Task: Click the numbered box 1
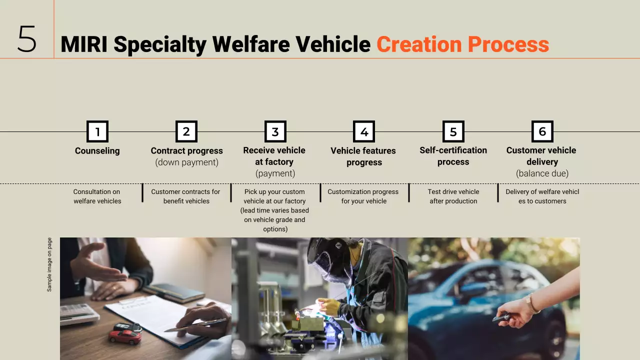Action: (x=97, y=131)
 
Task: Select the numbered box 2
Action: (x=186, y=131)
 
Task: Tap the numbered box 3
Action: (x=275, y=131)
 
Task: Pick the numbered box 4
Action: (x=364, y=131)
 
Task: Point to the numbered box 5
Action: (x=453, y=131)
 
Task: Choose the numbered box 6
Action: (x=542, y=131)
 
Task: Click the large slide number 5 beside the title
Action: (x=27, y=39)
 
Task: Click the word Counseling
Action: (x=97, y=150)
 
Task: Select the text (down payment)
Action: (x=186, y=162)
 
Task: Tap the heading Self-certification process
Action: (x=453, y=156)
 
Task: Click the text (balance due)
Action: (x=542, y=173)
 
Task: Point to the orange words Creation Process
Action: (x=462, y=44)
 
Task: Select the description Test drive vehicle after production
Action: (x=453, y=196)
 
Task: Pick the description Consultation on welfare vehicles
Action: (x=97, y=196)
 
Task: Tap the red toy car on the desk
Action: (x=124, y=336)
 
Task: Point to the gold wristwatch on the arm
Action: (x=531, y=304)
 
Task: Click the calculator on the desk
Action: (x=79, y=313)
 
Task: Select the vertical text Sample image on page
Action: (x=49, y=264)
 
